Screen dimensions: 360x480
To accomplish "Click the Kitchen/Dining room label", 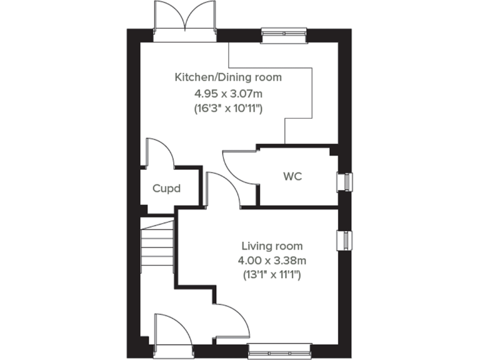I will click(228, 78).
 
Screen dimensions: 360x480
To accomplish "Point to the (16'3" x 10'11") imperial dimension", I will click(228, 109).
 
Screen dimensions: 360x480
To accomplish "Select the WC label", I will click(292, 176).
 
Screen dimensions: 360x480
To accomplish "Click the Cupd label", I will click(167, 187).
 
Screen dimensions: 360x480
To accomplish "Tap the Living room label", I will click(272, 246).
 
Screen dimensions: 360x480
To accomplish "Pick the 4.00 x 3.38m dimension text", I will click(272, 260).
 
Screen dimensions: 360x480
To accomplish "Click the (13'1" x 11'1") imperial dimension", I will click(272, 274).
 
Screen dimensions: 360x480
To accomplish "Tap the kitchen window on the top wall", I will click(284, 34).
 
